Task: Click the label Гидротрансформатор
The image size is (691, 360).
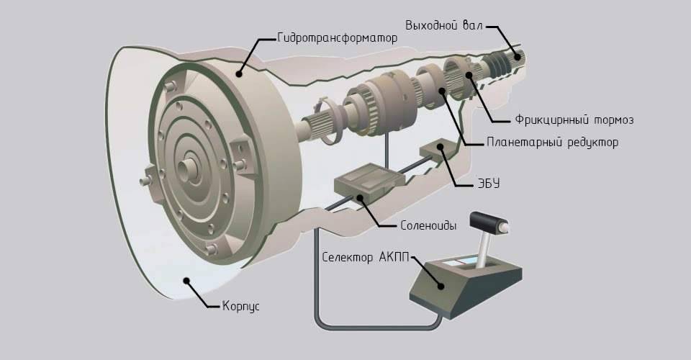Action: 338,38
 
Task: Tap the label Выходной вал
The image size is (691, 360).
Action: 444,25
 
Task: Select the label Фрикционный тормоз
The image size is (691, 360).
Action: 574,120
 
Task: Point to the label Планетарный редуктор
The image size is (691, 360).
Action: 553,143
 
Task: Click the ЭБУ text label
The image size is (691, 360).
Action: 489,184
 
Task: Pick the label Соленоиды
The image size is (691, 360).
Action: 428,225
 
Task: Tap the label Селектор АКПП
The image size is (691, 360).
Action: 366,257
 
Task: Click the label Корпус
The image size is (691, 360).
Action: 240,306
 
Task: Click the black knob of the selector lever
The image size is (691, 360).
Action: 489,222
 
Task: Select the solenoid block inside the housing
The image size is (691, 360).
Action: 369,181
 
